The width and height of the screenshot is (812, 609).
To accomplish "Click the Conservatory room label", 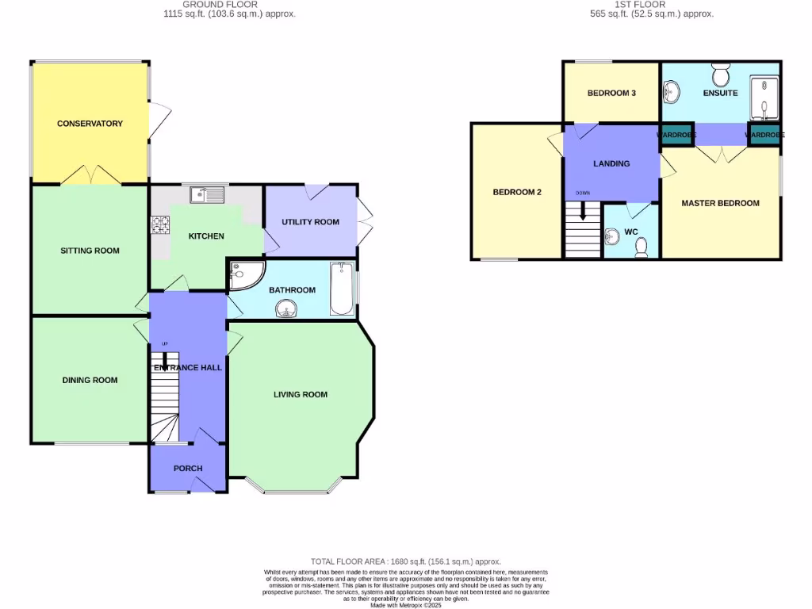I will [x=90, y=124].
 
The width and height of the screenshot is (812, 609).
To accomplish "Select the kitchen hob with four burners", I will [x=161, y=225].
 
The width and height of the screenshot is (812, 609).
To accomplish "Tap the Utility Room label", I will [x=310, y=222].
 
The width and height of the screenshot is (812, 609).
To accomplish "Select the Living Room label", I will [x=301, y=394].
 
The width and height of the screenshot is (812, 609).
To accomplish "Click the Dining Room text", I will [x=90, y=380].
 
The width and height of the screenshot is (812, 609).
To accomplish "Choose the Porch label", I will [x=188, y=469].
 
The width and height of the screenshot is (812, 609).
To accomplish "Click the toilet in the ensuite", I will [x=721, y=75].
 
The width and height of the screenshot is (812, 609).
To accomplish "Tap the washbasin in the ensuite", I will [x=671, y=94].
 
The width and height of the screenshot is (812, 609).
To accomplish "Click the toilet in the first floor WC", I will [x=642, y=248].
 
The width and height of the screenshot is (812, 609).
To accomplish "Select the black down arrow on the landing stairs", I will [x=583, y=211].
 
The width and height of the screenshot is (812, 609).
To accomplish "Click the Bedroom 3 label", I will [x=611, y=94].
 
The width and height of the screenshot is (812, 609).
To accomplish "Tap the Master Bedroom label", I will [x=720, y=203].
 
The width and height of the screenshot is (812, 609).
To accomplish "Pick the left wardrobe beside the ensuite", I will [x=676, y=135].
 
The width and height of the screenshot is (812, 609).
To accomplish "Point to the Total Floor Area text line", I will [x=405, y=561].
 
